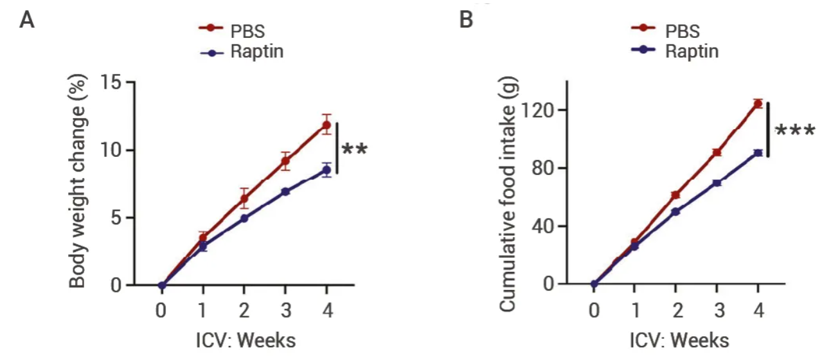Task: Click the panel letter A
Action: point(26,20)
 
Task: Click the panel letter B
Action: point(466,20)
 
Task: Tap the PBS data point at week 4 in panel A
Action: point(326,125)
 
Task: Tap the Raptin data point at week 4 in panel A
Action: point(326,170)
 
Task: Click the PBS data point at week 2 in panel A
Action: point(244,198)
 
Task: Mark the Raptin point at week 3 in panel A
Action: point(285,192)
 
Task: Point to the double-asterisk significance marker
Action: point(354,150)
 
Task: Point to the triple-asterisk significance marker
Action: point(795,132)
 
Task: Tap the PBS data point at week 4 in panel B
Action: point(758,104)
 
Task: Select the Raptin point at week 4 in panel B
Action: point(758,153)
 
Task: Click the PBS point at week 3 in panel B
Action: point(717,152)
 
